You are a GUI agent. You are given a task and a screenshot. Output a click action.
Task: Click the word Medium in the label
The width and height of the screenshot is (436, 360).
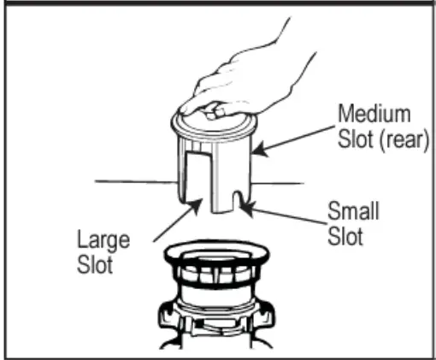pos(374,114)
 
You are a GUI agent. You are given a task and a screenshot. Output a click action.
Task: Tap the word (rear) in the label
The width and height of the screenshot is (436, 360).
pos(403,139)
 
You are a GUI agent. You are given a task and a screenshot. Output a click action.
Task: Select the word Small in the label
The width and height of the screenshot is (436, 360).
pos(353,211)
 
